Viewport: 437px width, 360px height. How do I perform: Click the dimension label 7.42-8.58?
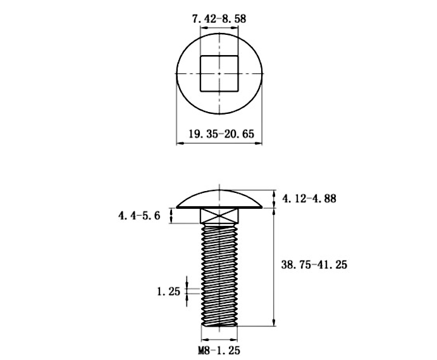(x=219, y=19)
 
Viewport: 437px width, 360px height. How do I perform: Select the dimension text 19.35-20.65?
(x=219, y=133)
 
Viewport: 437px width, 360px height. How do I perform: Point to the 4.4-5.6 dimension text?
(x=139, y=216)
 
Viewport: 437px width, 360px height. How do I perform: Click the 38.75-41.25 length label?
(x=314, y=265)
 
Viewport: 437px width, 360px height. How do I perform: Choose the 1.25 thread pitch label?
(x=168, y=292)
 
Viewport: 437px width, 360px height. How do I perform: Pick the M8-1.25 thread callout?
(x=219, y=349)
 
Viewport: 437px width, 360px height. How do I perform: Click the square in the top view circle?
(x=219, y=73)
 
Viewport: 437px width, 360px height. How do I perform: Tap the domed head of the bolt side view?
(x=219, y=198)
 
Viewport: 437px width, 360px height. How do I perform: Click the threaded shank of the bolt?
(x=219, y=272)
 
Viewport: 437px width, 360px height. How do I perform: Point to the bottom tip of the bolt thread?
(x=219, y=323)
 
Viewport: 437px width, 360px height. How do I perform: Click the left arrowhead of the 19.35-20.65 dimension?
(x=178, y=144)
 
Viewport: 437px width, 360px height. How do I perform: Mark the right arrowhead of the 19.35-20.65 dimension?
(x=259, y=144)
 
